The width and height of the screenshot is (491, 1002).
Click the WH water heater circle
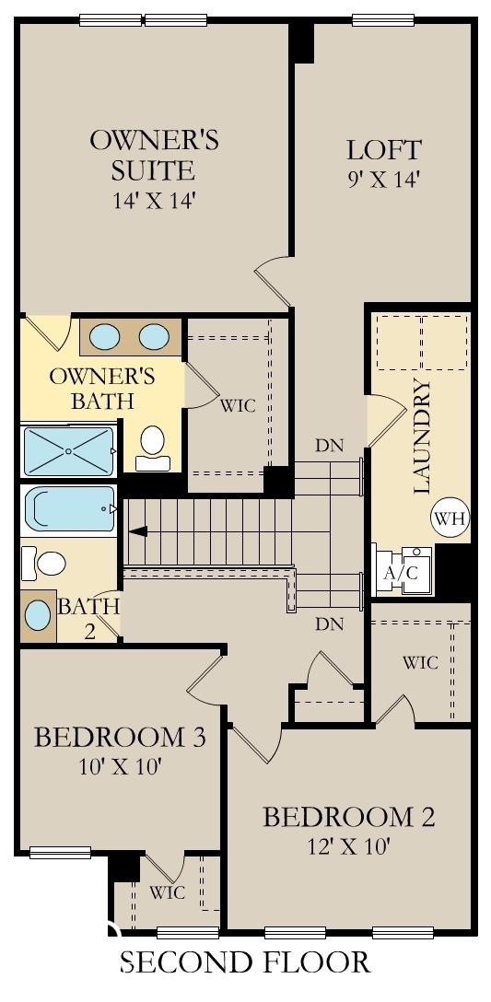click(450, 518)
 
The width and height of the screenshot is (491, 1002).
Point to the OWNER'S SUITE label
click(153, 154)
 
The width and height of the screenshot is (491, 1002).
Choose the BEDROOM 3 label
click(120, 738)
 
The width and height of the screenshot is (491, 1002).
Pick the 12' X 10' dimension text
click(348, 845)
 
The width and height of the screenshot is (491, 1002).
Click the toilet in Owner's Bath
click(152, 441)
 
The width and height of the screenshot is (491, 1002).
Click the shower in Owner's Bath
click(67, 450)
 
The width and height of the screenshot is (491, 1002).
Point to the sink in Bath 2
click(38, 614)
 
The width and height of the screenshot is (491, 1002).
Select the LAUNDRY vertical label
click(423, 437)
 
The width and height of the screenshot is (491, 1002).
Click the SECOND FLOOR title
click(245, 962)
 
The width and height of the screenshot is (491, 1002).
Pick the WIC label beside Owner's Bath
click(237, 404)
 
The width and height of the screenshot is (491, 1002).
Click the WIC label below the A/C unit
click(419, 662)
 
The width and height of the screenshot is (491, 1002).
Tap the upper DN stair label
click(329, 446)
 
